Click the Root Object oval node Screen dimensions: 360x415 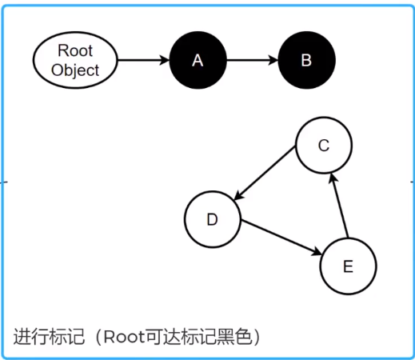(74, 61)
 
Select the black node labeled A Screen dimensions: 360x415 (198, 61)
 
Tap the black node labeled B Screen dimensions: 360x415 (306, 61)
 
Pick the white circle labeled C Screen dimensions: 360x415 (324, 146)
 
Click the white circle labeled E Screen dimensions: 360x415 (348, 266)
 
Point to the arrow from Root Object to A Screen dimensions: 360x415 (143, 61)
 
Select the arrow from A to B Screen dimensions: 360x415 (252, 61)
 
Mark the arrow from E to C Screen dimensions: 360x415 (340, 206)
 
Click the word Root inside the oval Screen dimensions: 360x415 (74, 52)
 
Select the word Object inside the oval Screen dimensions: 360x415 (74, 70)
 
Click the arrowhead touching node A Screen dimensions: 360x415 (164, 61)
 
